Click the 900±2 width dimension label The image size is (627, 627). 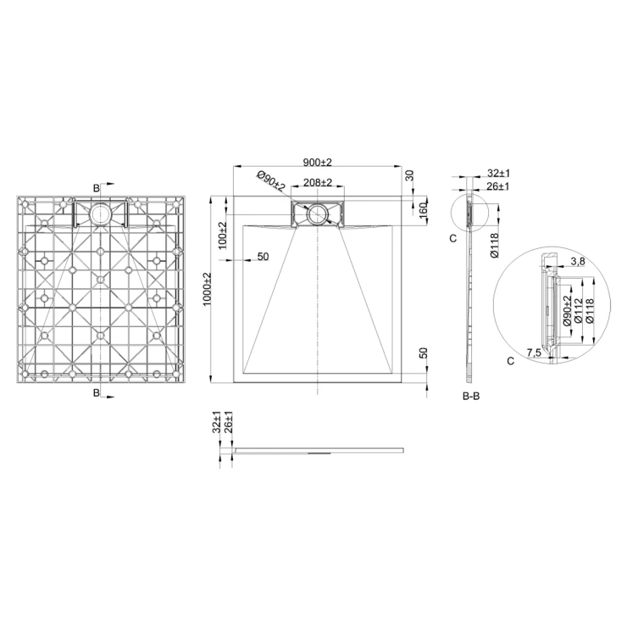pyautogui.click(x=318, y=163)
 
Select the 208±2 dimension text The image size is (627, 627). pyautogui.click(x=318, y=182)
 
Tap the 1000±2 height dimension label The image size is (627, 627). pyautogui.click(x=207, y=290)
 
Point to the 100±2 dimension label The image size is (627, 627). pyautogui.click(x=222, y=236)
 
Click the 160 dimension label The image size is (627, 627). pyautogui.click(x=424, y=210)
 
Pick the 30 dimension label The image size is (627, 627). pyautogui.click(x=409, y=175)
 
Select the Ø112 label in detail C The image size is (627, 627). pyautogui.click(x=578, y=311)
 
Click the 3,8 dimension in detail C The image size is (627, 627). pyautogui.click(x=578, y=262)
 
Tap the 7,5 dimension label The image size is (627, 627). pyautogui.click(x=534, y=352)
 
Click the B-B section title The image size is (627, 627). pyautogui.click(x=471, y=397)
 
